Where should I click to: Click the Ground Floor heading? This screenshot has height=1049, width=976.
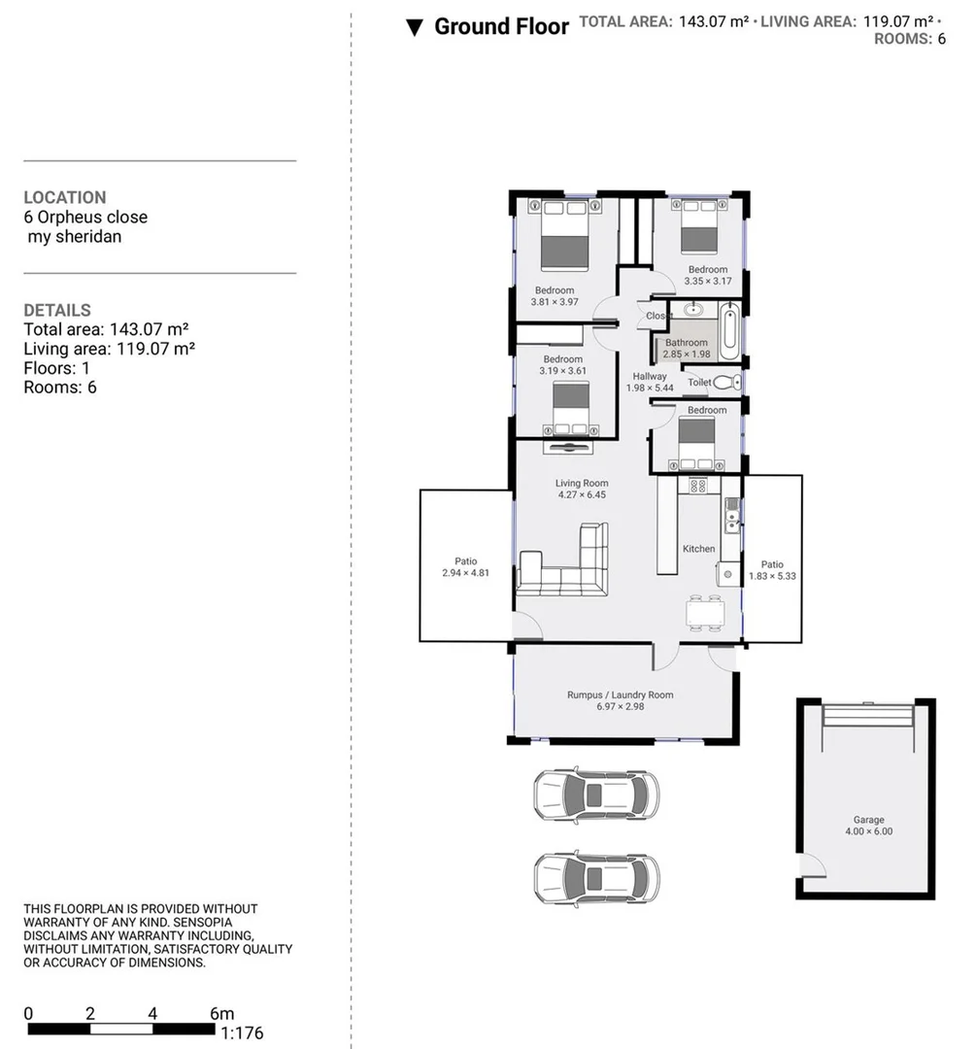[x=501, y=26]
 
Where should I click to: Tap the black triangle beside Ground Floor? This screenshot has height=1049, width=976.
[x=415, y=27]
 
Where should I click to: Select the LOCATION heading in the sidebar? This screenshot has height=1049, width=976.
[x=65, y=197]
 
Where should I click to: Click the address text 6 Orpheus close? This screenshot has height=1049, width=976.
[x=85, y=218]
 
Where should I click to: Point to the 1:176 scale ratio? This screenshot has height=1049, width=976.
[x=242, y=1033]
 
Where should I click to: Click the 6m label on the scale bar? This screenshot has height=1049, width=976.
[x=221, y=1014]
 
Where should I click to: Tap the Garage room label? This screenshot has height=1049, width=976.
[x=868, y=820]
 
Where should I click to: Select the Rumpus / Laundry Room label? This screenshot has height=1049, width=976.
[x=620, y=694]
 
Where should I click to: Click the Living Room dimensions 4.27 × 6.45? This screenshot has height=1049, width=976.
[x=582, y=495]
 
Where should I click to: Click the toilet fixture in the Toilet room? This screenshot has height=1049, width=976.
[x=727, y=383]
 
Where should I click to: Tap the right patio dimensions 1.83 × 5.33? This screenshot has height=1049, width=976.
[x=772, y=577]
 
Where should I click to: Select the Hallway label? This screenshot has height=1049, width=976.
[x=650, y=377]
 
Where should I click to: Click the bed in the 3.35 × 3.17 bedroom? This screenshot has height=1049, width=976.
[x=698, y=229]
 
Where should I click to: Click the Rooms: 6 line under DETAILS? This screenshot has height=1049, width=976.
[x=60, y=388]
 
